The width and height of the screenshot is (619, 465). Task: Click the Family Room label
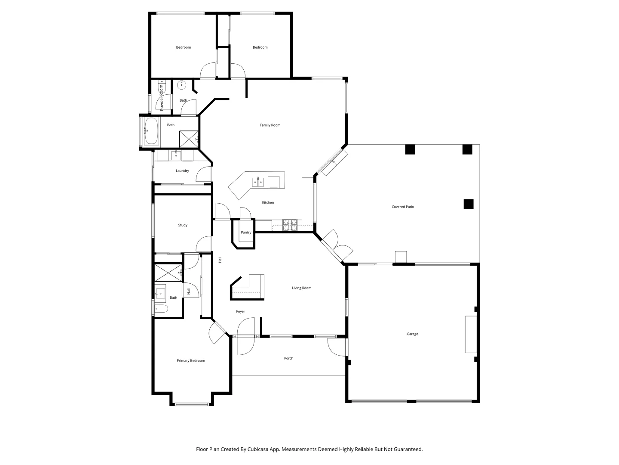[x=270, y=125]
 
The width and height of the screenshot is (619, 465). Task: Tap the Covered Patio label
[x=403, y=207]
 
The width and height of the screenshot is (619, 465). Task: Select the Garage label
[x=412, y=334]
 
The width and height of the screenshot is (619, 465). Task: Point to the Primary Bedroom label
[x=191, y=361]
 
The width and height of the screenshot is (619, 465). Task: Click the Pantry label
[x=246, y=232]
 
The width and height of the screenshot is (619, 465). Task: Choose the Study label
[x=183, y=225]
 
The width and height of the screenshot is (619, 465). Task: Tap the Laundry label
[x=182, y=171]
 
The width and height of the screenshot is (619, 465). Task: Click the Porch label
[x=288, y=358]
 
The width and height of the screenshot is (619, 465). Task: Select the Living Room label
[x=301, y=288]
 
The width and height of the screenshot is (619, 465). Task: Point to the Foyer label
[x=240, y=312]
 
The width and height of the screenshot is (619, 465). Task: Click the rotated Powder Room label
[x=162, y=98]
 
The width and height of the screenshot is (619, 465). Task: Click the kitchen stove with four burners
[x=290, y=225]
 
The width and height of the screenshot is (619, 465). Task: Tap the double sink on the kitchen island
[x=258, y=182]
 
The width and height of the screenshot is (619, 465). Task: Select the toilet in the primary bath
[x=161, y=308]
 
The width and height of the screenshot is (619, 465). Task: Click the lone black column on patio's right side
[x=468, y=204]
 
